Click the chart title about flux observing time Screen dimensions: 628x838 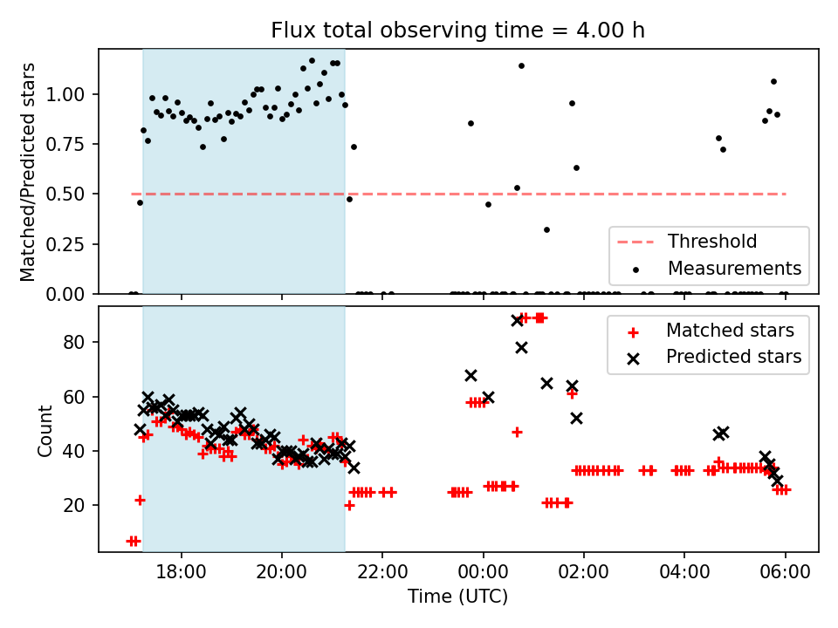coord(458,31)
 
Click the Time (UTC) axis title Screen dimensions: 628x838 coord(458,597)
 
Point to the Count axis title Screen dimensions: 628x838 coord(45,429)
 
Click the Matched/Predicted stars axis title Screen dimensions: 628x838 coord(28,172)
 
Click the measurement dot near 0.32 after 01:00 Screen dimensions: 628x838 coord(546,229)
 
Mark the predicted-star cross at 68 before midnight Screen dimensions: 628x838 coord(471,375)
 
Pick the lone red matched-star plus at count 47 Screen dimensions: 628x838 coord(517,432)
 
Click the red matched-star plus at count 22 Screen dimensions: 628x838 coord(140,500)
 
